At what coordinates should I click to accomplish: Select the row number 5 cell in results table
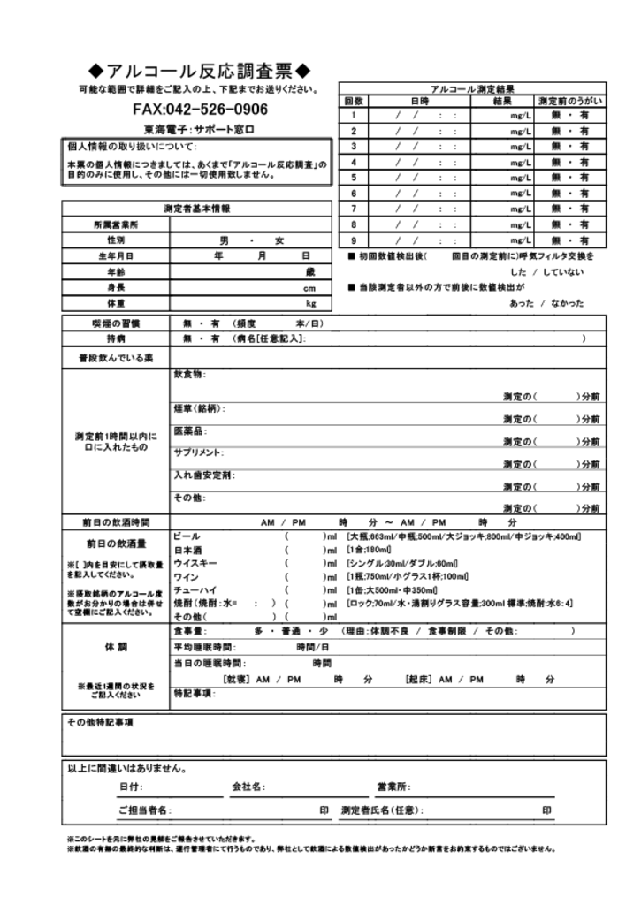pyautogui.click(x=353, y=177)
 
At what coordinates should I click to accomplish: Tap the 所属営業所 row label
pyautogui.click(x=116, y=224)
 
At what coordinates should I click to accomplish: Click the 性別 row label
pyautogui.click(x=116, y=240)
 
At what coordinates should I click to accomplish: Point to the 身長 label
pyautogui.click(x=116, y=287)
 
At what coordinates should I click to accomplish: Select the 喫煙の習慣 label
pyautogui.click(x=116, y=323)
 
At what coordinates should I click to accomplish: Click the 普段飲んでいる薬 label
pyautogui.click(x=116, y=358)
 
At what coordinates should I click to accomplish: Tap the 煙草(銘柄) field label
pyautogui.click(x=199, y=408)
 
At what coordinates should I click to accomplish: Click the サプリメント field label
pyautogui.click(x=198, y=452)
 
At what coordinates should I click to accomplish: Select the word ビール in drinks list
pyautogui.click(x=187, y=536)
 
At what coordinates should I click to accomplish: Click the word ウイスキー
pyautogui.click(x=192, y=563)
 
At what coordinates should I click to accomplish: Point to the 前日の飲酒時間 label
pyautogui.click(x=116, y=522)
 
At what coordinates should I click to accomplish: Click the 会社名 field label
pyautogui.click(x=248, y=787)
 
